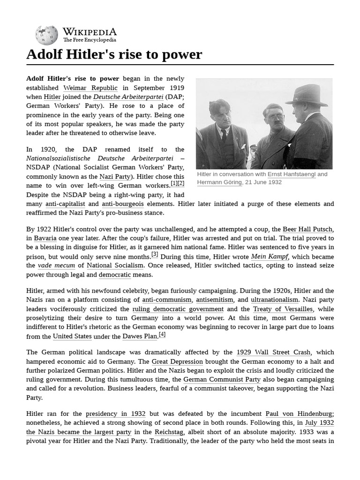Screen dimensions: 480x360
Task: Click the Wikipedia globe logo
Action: point(46,36)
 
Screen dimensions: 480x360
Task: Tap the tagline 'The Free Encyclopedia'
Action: point(90,40)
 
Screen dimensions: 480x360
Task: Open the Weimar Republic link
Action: point(90,88)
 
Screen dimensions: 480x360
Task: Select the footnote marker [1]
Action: point(173,183)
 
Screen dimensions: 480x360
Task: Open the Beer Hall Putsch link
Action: point(307,229)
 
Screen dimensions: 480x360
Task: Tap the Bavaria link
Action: point(45,238)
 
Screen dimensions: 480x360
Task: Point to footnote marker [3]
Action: point(155,255)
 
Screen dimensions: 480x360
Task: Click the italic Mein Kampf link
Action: point(270,256)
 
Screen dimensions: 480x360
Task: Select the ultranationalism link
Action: point(274,300)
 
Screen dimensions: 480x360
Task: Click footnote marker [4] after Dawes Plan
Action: point(162,334)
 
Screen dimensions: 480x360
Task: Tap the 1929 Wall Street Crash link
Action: point(274,352)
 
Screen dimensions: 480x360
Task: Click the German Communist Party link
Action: point(222,379)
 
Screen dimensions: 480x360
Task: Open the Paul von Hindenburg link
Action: point(299,414)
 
